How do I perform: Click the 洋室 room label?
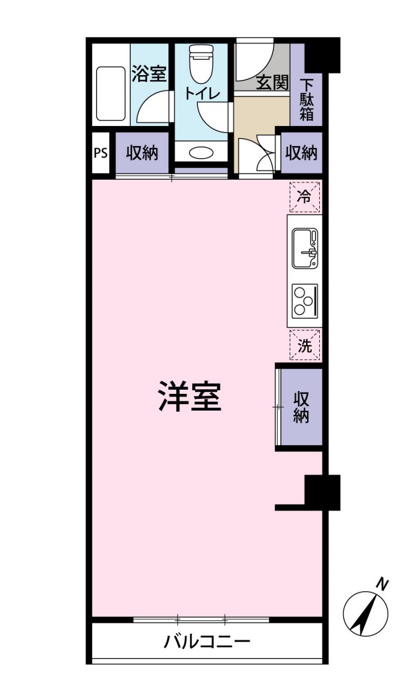coord(190,398)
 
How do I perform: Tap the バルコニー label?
coord(207,641)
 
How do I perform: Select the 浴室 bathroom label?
coord(149,74)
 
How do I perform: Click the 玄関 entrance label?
coord(272,82)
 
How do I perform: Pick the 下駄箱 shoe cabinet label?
coord(307,99)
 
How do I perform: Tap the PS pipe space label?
coord(100,153)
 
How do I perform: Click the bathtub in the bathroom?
coord(111,93)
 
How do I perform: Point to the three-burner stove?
coord(304,300)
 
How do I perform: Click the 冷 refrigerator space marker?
coord(304,197)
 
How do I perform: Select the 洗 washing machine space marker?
coord(304,346)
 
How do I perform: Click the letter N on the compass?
coord(384,583)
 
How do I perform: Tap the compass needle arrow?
coord(365,612)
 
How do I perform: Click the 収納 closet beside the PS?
coord(142,153)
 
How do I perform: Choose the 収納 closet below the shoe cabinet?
coord(301,153)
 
